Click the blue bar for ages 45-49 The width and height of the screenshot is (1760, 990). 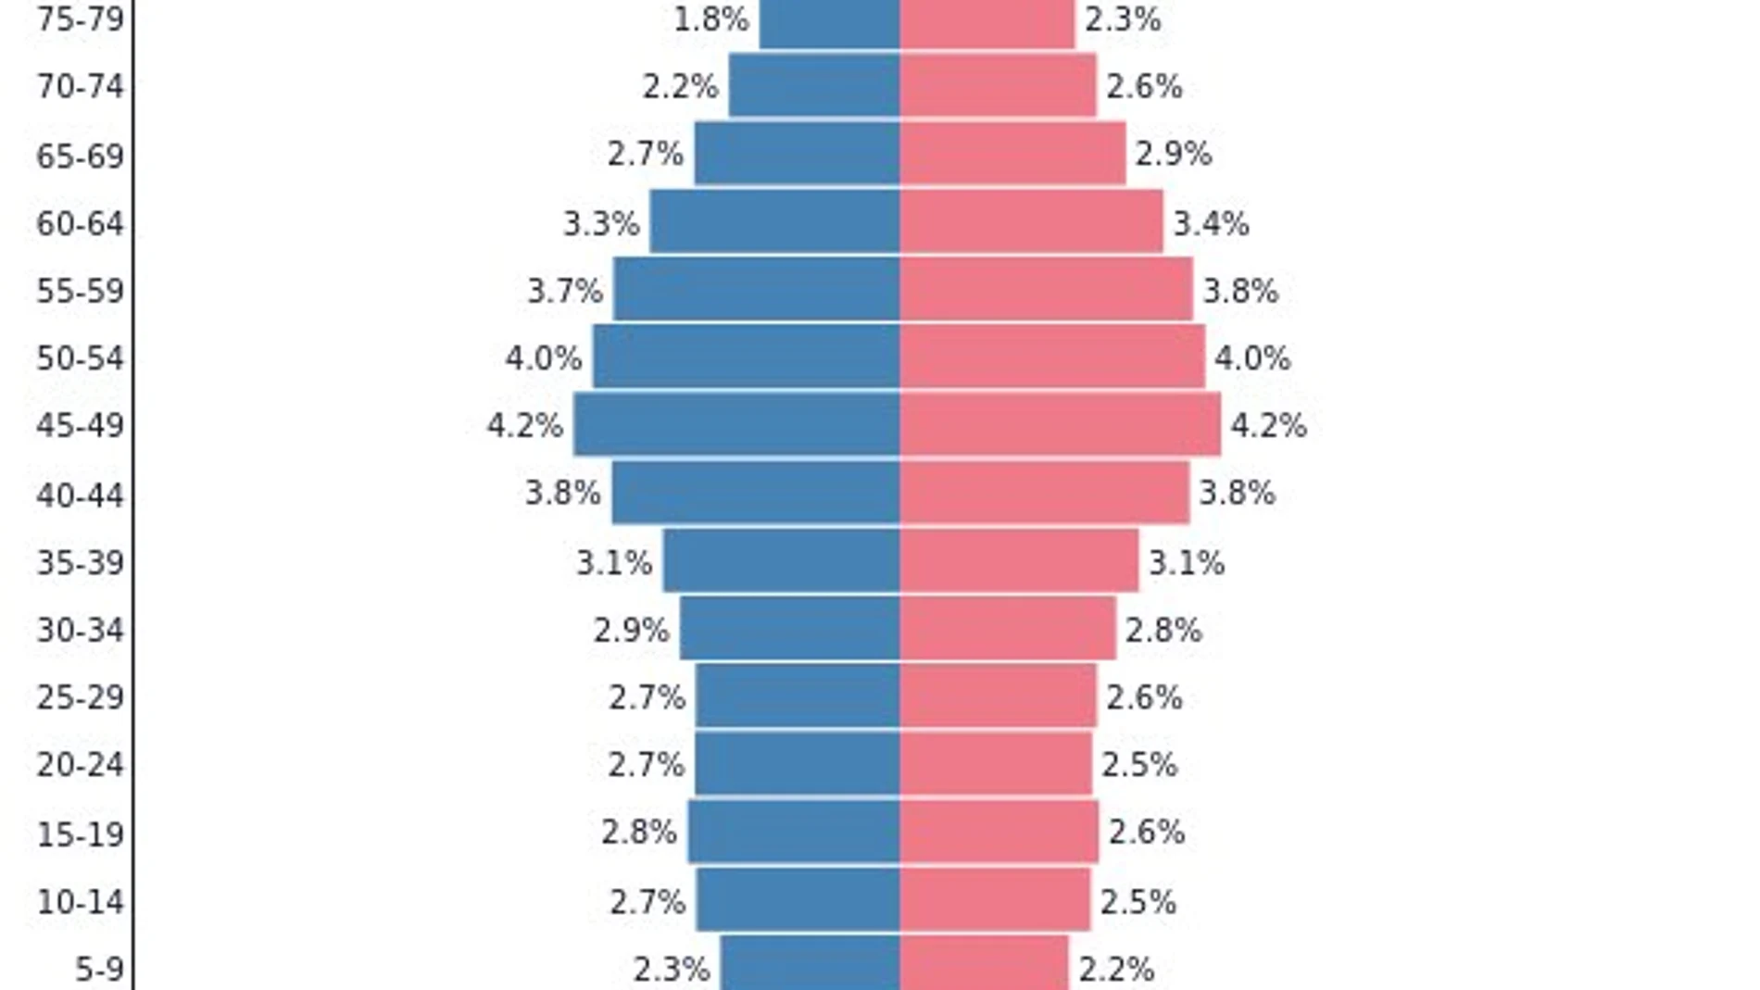[x=736, y=424]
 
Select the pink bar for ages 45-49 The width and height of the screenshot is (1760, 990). [x=1060, y=424]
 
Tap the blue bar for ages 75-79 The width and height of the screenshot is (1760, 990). [x=829, y=22]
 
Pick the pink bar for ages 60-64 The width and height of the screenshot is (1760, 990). [x=1031, y=221]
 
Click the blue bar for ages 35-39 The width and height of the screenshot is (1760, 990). [x=781, y=560]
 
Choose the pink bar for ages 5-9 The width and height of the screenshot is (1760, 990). [x=984, y=963]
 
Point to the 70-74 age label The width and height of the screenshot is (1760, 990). [x=80, y=87]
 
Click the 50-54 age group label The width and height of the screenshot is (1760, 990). [x=80, y=358]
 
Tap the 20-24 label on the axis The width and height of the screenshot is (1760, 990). [x=80, y=765]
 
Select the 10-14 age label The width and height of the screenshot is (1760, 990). [x=80, y=901]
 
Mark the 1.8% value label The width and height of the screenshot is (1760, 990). [x=710, y=19]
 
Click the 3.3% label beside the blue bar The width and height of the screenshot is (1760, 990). [x=601, y=223]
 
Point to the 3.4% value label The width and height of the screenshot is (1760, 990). [x=1211, y=223]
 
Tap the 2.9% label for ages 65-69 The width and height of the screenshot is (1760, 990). [x=1173, y=154]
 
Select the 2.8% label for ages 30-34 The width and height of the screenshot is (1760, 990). [x=1163, y=631]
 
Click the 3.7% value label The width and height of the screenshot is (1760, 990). [x=565, y=291]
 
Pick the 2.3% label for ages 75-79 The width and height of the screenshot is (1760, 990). [x=1123, y=19]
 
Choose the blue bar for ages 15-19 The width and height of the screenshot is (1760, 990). [x=793, y=832]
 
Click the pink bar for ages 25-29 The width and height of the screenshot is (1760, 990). [x=998, y=696]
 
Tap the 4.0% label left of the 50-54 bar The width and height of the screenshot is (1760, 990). [x=544, y=358]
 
